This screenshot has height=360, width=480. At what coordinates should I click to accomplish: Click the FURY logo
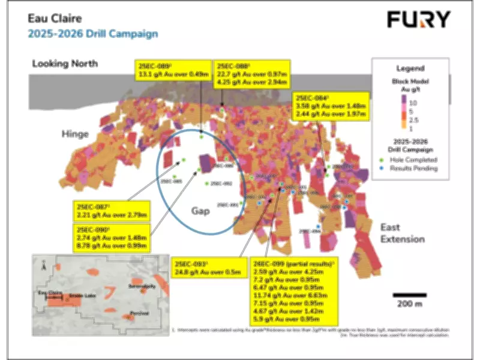point(418,19)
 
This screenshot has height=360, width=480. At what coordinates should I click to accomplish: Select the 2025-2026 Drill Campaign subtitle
point(93,33)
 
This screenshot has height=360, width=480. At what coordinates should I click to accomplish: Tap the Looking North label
point(64,63)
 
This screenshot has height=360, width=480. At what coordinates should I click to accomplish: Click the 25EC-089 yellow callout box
point(171,71)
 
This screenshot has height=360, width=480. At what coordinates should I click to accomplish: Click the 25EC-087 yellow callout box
point(112,209)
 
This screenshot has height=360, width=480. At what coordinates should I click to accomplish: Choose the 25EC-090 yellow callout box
point(112,238)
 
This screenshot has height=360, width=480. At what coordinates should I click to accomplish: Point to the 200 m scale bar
point(410,295)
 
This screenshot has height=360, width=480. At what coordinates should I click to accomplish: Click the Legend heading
point(410,68)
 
